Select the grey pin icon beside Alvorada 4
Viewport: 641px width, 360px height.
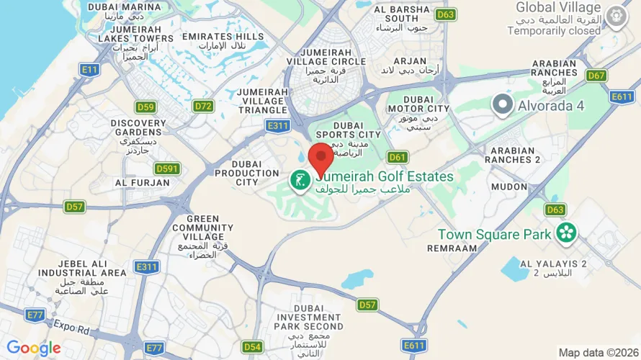point(502,106)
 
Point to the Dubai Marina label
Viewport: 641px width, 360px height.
point(115,7)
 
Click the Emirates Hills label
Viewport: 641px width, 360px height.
point(223,37)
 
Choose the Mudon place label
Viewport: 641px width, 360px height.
point(509,186)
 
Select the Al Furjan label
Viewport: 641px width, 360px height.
point(142,183)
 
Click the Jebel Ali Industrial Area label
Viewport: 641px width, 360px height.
point(73,269)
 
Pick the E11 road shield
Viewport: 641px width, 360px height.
point(90,70)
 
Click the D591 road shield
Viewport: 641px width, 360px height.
point(166,168)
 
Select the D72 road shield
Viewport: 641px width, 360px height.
point(204,107)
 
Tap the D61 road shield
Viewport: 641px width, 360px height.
point(398,157)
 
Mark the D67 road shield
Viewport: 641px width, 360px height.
point(596,76)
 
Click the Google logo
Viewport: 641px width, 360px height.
point(34,348)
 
